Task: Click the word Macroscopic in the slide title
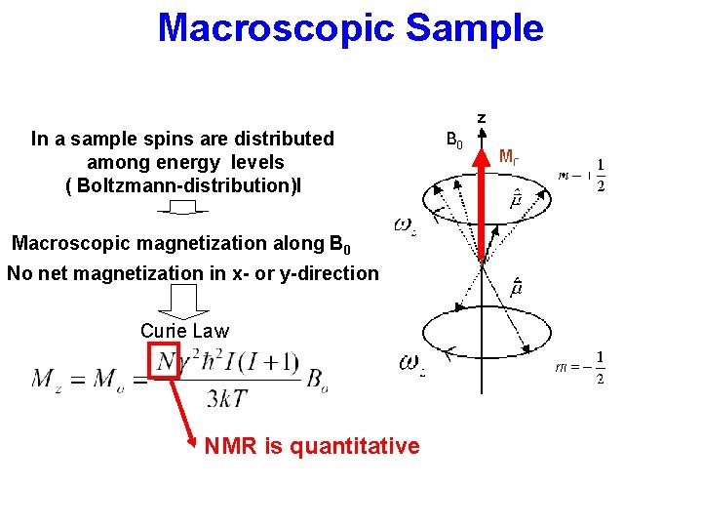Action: click(276, 27)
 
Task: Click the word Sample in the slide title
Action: click(475, 27)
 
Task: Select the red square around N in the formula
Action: click(162, 360)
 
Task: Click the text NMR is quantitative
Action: click(312, 447)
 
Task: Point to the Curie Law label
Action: click(184, 331)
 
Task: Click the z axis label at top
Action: click(481, 118)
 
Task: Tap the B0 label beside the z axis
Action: click(454, 141)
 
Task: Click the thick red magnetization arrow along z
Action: click(481, 200)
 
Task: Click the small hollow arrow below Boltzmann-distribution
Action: click(182, 208)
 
